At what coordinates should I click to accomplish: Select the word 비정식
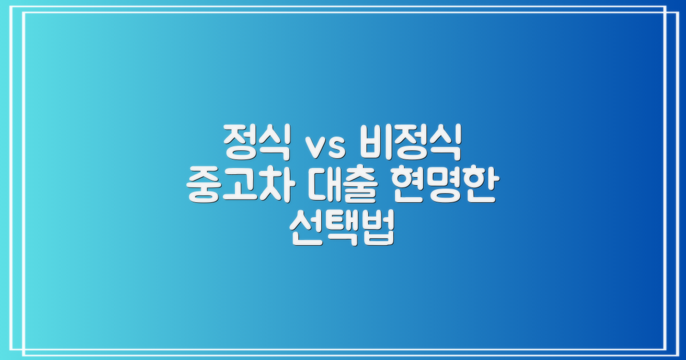pyautogui.click(x=410, y=144)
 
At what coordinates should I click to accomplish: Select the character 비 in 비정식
pyautogui.click(x=375, y=144)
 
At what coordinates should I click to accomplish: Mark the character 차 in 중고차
pyautogui.click(x=277, y=188)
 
